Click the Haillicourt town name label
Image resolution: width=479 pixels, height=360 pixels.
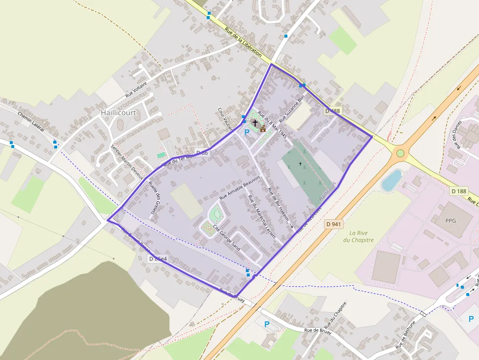click(118, 112)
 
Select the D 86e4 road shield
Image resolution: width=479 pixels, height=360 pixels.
click(158, 258)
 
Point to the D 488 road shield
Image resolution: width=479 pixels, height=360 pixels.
click(332, 111)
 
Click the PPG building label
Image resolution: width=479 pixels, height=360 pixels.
click(450, 220)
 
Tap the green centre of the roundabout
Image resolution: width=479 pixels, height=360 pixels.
click(400, 153)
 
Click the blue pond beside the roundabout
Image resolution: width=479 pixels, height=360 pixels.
click(392, 180)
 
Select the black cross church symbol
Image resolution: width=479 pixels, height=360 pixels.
click(255, 122)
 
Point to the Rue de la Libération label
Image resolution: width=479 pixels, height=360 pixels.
click(243, 42)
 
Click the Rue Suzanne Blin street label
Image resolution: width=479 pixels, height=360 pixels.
click(292, 108)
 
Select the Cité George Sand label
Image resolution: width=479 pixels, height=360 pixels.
click(226, 237)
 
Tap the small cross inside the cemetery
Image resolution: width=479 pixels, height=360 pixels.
click(300, 164)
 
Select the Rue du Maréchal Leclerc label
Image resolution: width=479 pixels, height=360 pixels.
click(262, 216)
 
